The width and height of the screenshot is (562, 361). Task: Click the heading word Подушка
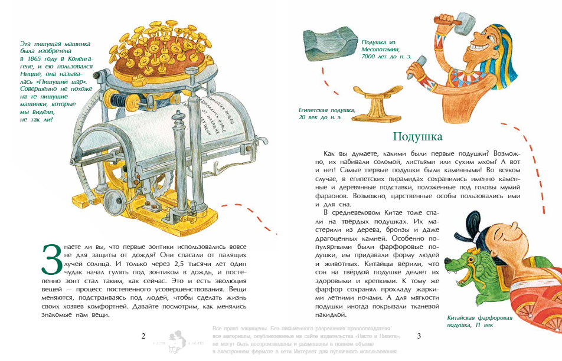point(417,137)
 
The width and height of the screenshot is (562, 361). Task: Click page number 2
point(143,336)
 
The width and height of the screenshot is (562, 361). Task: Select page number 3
point(419,336)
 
